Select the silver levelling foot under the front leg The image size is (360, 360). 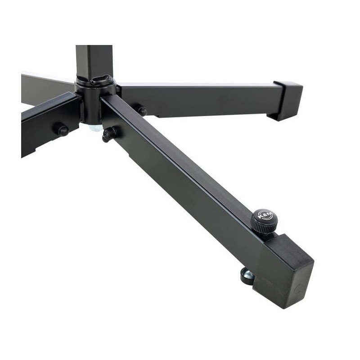pos(247,276)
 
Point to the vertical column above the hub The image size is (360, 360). pos(93,61)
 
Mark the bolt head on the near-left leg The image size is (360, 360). pos(62,130)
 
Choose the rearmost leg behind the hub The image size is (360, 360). pos(45,85)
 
